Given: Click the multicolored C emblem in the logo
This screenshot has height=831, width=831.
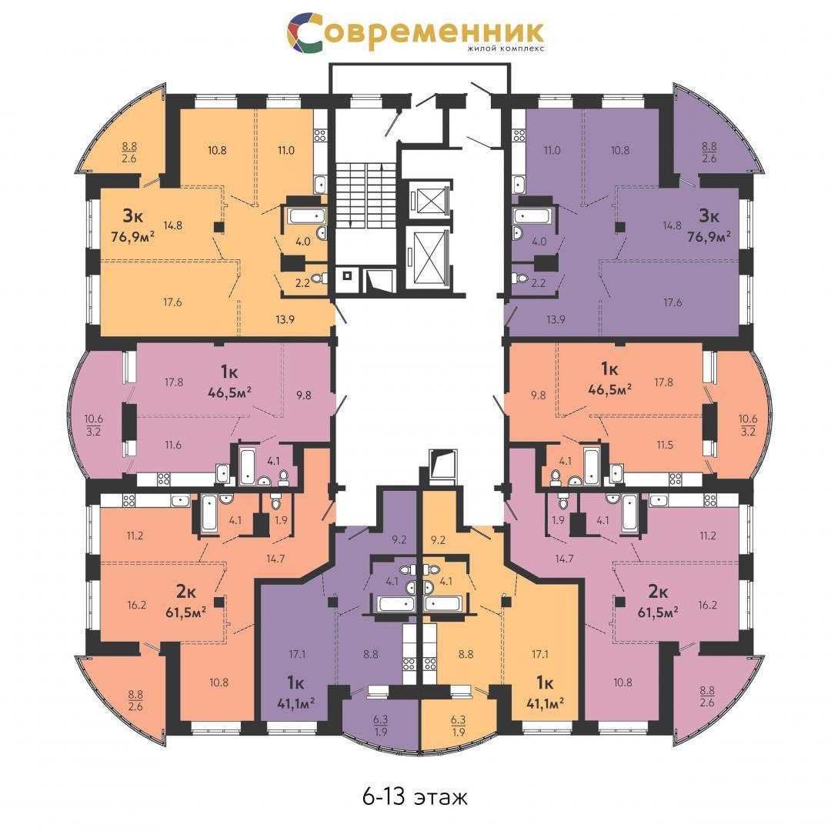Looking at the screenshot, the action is coord(305,32).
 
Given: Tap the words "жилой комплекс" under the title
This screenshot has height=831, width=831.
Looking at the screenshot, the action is coord(505,48).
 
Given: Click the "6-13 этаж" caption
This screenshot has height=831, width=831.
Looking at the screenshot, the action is coord(415,796).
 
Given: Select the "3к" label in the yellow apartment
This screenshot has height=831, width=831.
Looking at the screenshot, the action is coord(132,215).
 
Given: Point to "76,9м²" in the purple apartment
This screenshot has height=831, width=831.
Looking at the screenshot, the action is coord(709,236).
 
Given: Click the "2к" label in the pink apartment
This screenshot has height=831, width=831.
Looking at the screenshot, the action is coord(658,591).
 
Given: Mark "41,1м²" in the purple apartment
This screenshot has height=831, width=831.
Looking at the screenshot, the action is coord(295,703).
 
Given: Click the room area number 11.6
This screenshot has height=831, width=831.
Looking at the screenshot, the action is coord(173,446).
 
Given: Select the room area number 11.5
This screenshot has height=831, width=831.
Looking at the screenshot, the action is coord(665,446).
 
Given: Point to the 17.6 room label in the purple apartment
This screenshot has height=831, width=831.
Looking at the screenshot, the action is coord(672,302).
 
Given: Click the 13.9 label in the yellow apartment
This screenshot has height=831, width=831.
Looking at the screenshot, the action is coord(285,319).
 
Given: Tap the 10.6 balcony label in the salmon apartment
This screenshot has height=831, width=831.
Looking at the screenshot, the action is coord(748,419).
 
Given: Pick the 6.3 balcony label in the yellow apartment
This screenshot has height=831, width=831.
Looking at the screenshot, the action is coord(458,719).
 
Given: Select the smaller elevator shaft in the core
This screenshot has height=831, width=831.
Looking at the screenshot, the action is coord(430,199).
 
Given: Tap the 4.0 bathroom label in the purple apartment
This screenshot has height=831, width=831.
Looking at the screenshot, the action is coord(539,242).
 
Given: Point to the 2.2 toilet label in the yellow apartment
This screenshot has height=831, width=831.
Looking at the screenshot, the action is coord(302,283).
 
